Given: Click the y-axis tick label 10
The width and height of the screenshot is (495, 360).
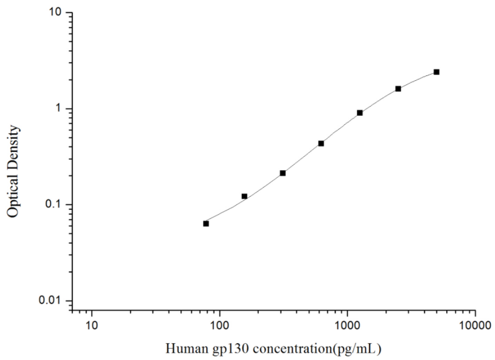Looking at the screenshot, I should (56, 13).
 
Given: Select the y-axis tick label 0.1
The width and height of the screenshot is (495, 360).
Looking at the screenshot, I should (54, 205).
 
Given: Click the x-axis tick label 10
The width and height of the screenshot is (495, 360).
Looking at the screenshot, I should (92, 326).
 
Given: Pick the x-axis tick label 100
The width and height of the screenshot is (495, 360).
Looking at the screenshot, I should (219, 326).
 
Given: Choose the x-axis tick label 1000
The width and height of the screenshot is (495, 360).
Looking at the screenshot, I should (347, 326).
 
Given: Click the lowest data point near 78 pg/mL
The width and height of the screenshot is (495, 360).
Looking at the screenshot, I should (206, 224).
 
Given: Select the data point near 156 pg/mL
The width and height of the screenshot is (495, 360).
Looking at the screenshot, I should (244, 197).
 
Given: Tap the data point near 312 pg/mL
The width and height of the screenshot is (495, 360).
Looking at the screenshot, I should (283, 173).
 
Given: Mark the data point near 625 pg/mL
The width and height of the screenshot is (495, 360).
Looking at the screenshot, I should (321, 144).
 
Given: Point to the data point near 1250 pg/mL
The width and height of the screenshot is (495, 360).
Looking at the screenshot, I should (360, 113).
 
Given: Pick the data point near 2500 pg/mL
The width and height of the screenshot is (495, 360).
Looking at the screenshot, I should (398, 89).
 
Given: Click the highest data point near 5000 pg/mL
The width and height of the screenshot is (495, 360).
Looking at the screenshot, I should (437, 72).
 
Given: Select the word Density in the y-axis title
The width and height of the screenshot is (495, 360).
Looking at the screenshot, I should (13, 145).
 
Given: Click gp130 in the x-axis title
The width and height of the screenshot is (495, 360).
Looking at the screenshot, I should (225, 349).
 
